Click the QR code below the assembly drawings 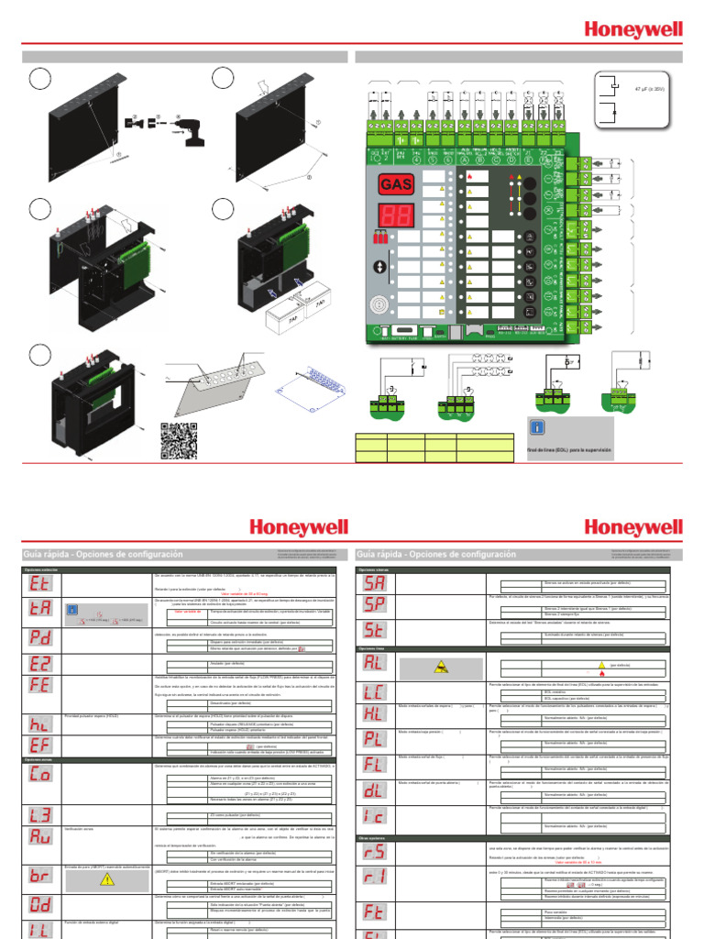pyautogui.click(x=179, y=441)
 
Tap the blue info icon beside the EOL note pyautogui.click(x=540, y=427)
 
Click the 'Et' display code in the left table pyautogui.click(x=40, y=583)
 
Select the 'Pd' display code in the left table pyautogui.click(x=40, y=636)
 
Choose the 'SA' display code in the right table pyautogui.click(x=376, y=583)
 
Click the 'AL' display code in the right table pyautogui.click(x=376, y=663)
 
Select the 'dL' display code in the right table pyautogui.click(x=376, y=789)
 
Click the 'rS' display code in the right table pyautogui.click(x=376, y=852)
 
